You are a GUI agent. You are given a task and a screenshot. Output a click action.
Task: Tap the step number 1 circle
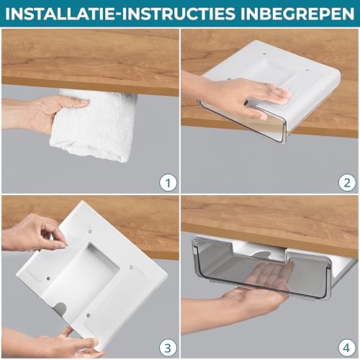click(x=167, y=182)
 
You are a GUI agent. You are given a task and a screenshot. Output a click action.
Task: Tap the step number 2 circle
click(x=347, y=182)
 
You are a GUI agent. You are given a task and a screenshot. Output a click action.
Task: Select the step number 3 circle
click(x=167, y=346)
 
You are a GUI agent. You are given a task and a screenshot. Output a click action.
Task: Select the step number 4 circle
click(x=347, y=346)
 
